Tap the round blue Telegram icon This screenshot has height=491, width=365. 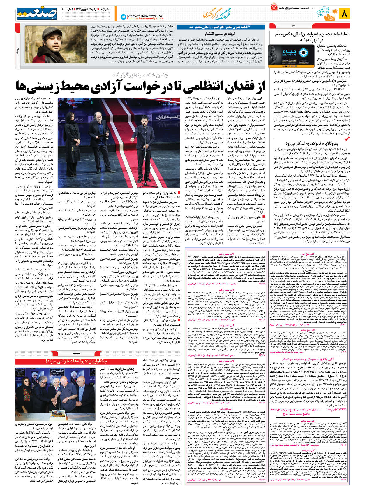[x=123, y=17]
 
